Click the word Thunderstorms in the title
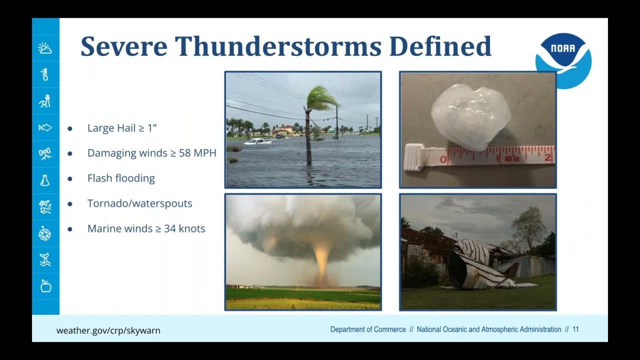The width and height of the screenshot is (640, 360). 277,46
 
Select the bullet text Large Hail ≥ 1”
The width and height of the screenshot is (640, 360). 122,128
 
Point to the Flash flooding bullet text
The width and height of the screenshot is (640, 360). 121,178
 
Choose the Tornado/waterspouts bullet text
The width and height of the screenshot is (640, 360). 139,203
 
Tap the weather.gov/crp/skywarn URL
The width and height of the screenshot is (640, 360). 108,330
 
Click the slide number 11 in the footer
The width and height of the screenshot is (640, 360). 575,329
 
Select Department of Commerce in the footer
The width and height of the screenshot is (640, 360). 368,329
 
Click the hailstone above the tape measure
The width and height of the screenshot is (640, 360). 470,116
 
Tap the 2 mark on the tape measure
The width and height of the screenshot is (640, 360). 548,158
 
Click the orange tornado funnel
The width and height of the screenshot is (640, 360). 321,260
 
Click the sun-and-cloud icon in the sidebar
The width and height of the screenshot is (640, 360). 45,48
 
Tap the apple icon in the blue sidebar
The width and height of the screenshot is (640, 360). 45,286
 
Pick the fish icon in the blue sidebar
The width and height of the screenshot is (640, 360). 45,128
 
